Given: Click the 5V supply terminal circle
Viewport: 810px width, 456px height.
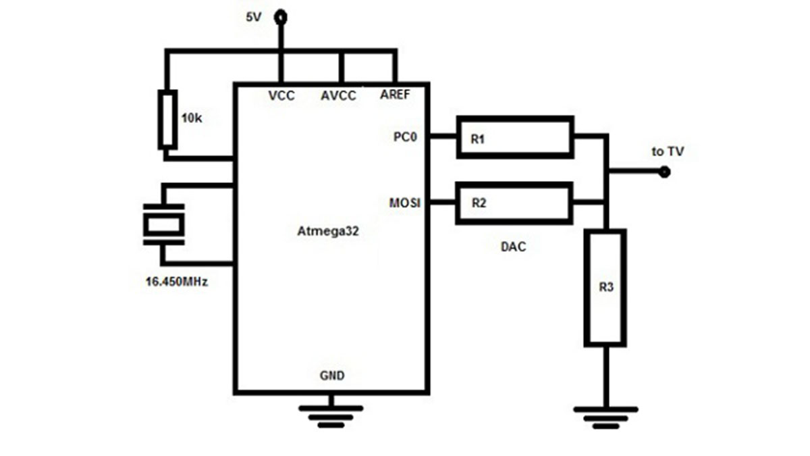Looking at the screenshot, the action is point(281,18).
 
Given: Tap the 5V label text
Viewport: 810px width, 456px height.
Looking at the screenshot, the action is point(254,17).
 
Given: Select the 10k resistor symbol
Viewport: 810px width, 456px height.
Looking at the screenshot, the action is point(167,120).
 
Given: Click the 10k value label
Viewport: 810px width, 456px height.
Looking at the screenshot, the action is point(192,118).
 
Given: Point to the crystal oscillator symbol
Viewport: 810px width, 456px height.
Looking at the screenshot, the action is point(164,224).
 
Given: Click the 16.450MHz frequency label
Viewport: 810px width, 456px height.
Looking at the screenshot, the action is point(176,282).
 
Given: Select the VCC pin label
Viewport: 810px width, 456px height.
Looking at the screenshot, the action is point(281,95).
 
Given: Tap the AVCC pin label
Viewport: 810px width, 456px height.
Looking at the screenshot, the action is point(338,95).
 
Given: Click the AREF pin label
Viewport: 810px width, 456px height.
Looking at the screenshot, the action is point(395,95).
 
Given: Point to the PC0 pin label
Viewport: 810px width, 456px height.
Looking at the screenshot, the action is point(405,136).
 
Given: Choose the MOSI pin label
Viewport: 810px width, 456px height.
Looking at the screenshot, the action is point(404,203).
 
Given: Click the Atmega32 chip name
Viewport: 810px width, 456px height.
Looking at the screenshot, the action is point(328,231).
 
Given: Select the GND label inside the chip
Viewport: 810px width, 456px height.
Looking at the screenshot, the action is point(332,376).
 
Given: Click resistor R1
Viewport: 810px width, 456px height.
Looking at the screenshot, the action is point(515,137).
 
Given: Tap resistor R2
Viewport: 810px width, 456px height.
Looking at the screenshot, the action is point(514,203).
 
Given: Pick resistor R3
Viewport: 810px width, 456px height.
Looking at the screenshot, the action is point(605,288).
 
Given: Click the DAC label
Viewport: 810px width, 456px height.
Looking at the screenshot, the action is point(513,247).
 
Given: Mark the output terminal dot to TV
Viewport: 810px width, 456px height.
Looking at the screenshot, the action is point(664,172).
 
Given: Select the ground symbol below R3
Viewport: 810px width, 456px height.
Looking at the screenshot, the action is point(605,417).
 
